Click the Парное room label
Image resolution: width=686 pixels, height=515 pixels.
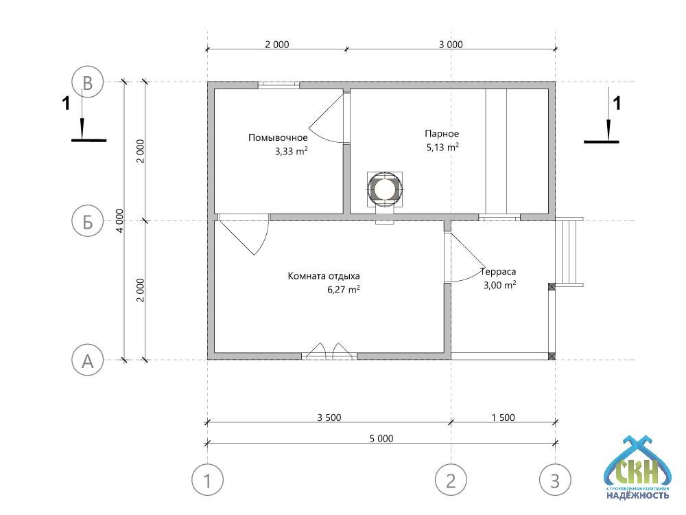(442, 134)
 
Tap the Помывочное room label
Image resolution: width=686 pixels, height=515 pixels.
(278, 137)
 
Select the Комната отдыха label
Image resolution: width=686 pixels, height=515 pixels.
(324, 276)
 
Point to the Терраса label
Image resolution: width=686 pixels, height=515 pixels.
(498, 271)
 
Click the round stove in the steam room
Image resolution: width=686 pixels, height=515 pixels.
(385, 190)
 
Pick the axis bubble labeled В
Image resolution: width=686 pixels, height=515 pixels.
(88, 82)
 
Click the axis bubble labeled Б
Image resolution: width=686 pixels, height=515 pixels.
(88, 221)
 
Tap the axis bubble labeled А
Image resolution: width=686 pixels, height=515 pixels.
(88, 360)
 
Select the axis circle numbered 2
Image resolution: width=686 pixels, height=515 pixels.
(451, 480)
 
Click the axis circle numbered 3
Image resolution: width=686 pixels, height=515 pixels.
(555, 480)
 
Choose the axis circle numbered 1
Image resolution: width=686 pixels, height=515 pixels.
(207, 480)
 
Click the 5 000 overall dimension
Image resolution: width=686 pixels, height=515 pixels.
(381, 438)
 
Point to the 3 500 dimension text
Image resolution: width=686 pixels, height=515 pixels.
(329, 417)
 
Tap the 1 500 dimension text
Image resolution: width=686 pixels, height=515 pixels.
(503, 417)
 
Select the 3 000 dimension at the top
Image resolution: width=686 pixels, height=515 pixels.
(451, 44)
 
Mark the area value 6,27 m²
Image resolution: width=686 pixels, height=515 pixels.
(344, 289)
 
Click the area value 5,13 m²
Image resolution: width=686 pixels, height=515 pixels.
(442, 147)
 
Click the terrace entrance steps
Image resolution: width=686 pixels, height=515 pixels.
(569, 252)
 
